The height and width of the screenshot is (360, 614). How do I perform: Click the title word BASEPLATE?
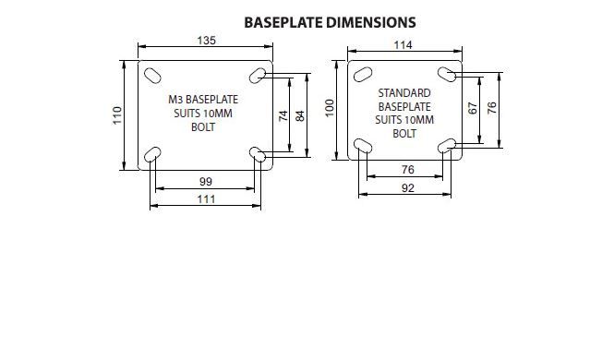pos(283,23)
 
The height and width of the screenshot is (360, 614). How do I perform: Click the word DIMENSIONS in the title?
pos(371,23)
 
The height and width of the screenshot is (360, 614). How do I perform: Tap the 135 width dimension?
pos(207,41)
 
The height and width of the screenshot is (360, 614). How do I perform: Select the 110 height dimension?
pos(117,115)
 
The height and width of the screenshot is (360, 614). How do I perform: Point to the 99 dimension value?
pos(206,182)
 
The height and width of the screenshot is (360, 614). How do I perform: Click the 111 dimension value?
pos(207,199)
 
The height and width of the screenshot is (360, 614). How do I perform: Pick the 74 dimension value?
pos(283,115)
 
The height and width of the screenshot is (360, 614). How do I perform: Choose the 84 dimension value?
pos(300,115)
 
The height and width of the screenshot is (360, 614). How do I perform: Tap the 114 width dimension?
pos(403,45)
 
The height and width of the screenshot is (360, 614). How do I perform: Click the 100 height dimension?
pos(330,108)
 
